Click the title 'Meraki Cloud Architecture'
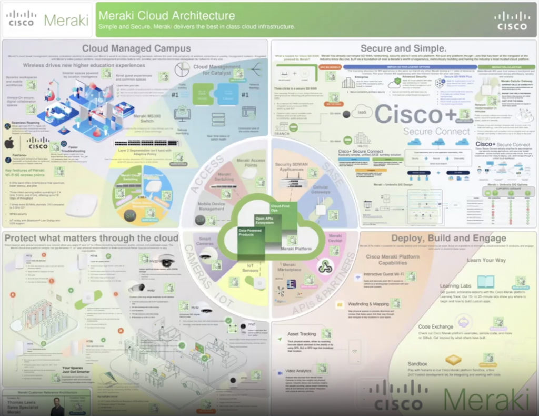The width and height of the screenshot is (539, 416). click(167, 15)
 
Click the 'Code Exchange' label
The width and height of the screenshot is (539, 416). click(436, 326)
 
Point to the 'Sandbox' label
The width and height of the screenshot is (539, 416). click(417, 364)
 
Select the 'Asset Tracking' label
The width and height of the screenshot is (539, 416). click(302, 334)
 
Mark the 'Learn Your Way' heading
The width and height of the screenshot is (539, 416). click(487, 260)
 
